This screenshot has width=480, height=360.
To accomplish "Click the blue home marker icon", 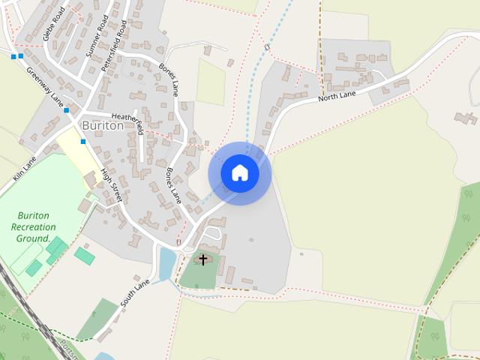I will click(240, 173).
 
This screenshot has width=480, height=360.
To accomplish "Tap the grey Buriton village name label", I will click(103, 126).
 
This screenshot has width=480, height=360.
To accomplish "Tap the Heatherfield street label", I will click(126, 117).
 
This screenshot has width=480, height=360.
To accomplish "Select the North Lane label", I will click(336, 96).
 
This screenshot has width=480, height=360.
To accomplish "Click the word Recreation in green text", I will click(34, 226).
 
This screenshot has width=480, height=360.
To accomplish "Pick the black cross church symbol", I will click(202, 260).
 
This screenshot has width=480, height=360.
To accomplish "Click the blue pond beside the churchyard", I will click(166, 263).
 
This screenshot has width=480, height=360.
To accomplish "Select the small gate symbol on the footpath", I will click(266, 46).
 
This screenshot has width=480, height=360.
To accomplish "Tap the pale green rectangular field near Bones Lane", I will click(211, 81).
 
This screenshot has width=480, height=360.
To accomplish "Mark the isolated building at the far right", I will click(466, 118).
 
